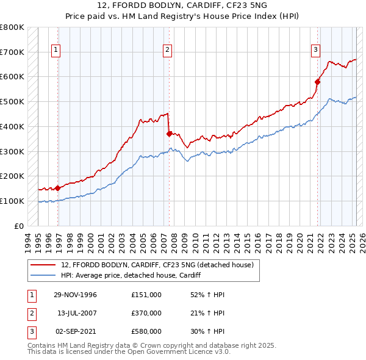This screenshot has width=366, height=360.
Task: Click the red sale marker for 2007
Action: (x=169, y=134)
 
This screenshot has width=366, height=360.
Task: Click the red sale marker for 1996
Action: (x=58, y=188)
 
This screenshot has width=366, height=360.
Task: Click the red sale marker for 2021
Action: (x=318, y=81)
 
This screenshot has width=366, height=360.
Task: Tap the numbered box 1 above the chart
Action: (x=56, y=51)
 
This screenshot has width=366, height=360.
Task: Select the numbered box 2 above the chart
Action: (x=167, y=51)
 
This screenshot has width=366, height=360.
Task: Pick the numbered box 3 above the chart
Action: (x=315, y=51)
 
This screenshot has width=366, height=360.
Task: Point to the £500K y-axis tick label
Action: (x=12, y=101)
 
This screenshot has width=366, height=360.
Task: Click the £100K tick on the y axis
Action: (x=12, y=201)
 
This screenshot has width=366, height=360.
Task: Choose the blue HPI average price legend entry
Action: (x=131, y=276)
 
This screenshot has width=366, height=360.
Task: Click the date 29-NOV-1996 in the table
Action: (x=76, y=295)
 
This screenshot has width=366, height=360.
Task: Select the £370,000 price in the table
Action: (x=146, y=314)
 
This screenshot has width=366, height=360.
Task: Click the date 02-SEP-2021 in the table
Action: (x=76, y=333)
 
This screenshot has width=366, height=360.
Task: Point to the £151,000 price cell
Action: (x=146, y=295)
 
